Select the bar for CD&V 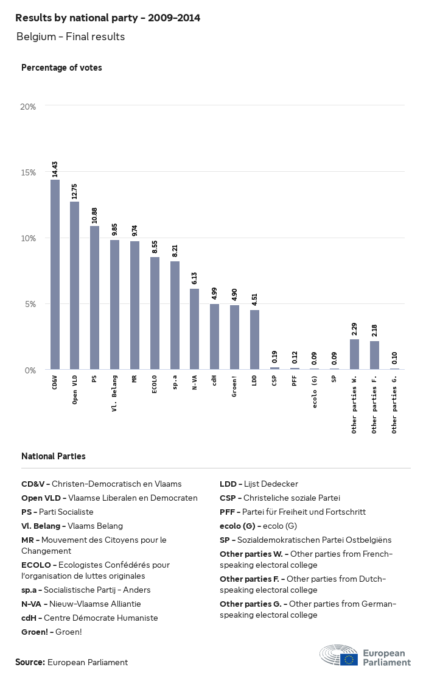[55, 274]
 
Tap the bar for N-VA [195, 329]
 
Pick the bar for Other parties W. [354, 354]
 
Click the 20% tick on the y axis [29, 107]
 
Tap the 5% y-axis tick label [30, 304]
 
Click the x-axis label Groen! [234, 387]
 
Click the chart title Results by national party [108, 18]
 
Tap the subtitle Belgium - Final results [71, 37]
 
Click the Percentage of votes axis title [61, 68]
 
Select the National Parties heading [54, 456]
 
